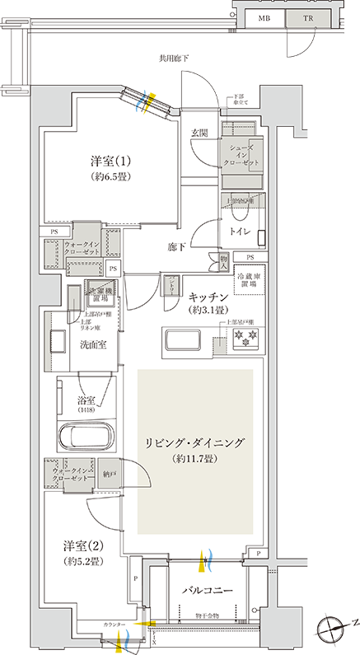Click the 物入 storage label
pos(223,261)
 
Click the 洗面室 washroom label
pos(91,345)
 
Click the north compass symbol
pos(335,627)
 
